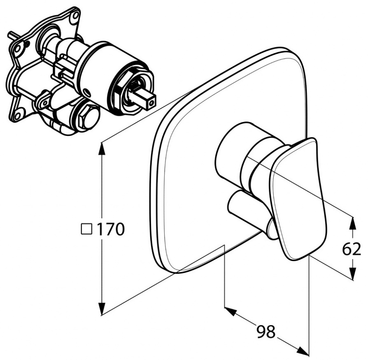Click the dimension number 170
point(111,229)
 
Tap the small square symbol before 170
point(86,229)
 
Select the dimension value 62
point(352,249)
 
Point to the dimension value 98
point(266,331)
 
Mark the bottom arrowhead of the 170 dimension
point(102,309)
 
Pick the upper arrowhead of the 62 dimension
point(352,223)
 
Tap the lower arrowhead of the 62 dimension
point(352,274)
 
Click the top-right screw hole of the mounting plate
point(75,15)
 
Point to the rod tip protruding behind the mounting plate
point(10,34)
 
